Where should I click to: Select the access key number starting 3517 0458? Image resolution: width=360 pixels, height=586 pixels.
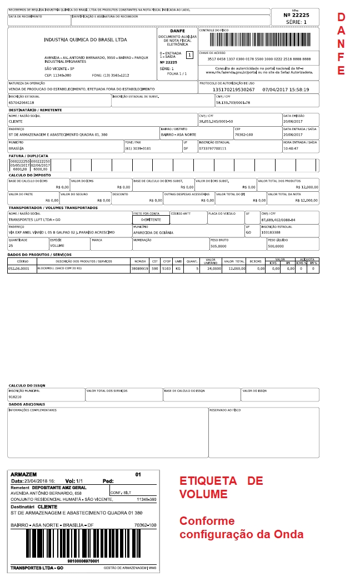(259, 58)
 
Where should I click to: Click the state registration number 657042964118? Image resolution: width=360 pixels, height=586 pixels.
(22, 103)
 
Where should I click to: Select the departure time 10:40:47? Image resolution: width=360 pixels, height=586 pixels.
(292, 148)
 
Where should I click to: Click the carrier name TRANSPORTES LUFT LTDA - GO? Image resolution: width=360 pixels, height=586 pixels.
(34, 220)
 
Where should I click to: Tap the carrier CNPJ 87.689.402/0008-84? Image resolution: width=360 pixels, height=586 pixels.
(278, 220)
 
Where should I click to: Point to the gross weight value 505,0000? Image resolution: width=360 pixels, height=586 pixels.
(218, 245)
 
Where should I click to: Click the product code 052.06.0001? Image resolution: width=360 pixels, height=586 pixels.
(18, 269)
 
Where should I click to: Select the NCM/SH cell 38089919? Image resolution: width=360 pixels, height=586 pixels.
(139, 269)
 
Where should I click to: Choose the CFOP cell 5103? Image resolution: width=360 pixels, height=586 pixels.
(166, 269)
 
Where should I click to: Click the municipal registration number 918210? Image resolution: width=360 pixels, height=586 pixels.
(14, 397)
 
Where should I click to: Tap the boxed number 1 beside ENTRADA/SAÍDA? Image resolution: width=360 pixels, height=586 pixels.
(189, 55)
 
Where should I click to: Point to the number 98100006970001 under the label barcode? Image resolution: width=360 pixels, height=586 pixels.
(83, 561)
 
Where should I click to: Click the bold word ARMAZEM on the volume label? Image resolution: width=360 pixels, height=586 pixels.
(24, 474)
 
